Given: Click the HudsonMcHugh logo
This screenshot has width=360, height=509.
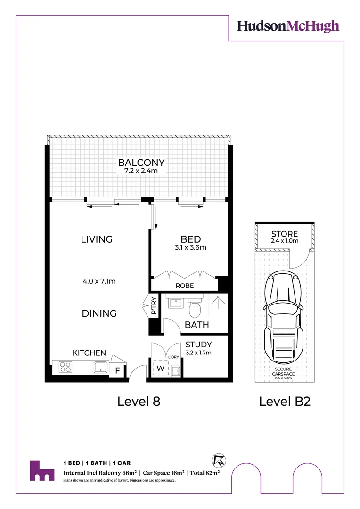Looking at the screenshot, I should (288, 26).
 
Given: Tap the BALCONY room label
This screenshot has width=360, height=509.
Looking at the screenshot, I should (141, 163).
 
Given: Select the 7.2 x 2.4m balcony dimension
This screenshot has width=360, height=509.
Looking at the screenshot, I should (141, 172).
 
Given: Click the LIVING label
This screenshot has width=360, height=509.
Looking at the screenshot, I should (97, 239).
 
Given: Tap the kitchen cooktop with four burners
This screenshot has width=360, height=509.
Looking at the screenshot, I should (65, 367).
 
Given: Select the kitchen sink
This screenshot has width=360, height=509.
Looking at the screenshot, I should (100, 367).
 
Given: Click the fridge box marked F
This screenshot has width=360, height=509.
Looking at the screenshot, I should (117, 370).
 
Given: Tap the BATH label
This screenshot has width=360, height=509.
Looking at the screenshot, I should (197, 325).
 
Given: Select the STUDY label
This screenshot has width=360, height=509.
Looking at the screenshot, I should (198, 345).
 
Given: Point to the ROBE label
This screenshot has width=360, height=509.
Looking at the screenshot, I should (184, 286).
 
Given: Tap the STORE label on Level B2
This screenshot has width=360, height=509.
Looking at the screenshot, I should (285, 234).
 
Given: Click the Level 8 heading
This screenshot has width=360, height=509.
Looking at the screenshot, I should (139, 402).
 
